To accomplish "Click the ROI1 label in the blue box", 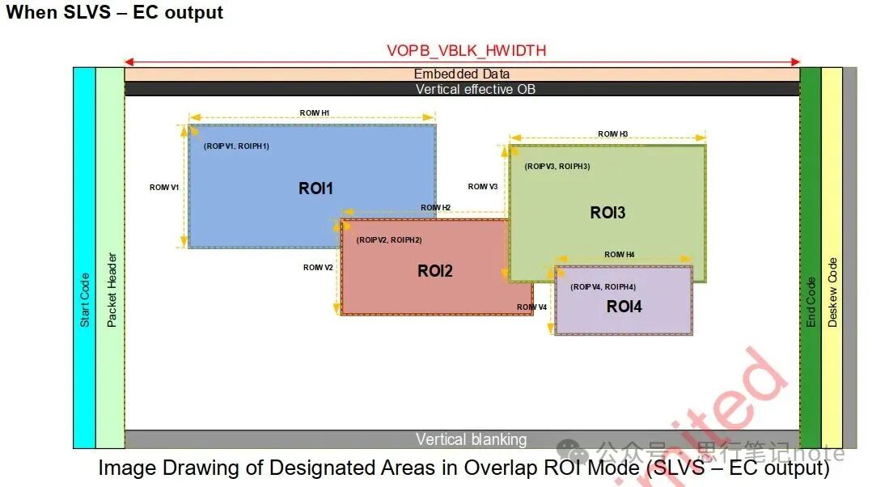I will [315, 188].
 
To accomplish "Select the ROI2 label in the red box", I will [434, 271].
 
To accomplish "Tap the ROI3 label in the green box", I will [607, 213].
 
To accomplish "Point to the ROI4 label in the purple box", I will [624, 307].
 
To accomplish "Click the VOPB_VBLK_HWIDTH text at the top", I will [466, 51].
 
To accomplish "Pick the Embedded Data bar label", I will [462, 74].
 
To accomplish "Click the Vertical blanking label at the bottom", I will [471, 440].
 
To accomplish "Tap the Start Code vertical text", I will [85, 299].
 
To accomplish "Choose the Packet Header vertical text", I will [112, 290].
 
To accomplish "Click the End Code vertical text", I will [811, 302].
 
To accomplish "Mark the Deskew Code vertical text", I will [832, 292].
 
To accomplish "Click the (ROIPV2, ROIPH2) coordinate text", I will [389, 240].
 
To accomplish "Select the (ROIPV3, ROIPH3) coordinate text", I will [557, 166].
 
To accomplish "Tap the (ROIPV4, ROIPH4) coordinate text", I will [603, 287].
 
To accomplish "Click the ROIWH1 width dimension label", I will [314, 113].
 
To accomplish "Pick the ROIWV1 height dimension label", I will [164, 188].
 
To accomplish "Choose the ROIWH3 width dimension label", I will [612, 134].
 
